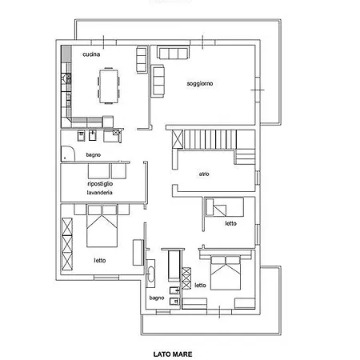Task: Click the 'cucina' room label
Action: pos(91,54)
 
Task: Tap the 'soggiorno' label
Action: pos(200,84)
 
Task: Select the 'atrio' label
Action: pos(204,174)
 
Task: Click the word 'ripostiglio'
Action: pos(100,184)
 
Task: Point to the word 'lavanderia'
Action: pos(99,193)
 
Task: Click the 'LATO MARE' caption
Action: pos(173,354)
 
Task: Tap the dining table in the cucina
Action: pos(108,86)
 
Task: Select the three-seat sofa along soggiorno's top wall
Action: pos(173,53)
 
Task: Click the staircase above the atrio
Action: pos(210,139)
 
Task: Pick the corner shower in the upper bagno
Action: pos(68,154)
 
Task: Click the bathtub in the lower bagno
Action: pos(150,274)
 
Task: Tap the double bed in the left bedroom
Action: pos(102,226)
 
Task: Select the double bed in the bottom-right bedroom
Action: pos(226,273)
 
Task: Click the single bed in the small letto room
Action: pos(225,207)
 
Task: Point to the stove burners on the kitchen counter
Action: pos(66,78)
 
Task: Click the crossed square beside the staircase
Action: pos(178,139)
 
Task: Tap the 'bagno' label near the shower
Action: pos(94,154)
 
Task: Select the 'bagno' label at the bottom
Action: pos(157,298)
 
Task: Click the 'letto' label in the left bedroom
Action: pos(100,260)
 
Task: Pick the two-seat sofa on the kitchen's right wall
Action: pos(142,59)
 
